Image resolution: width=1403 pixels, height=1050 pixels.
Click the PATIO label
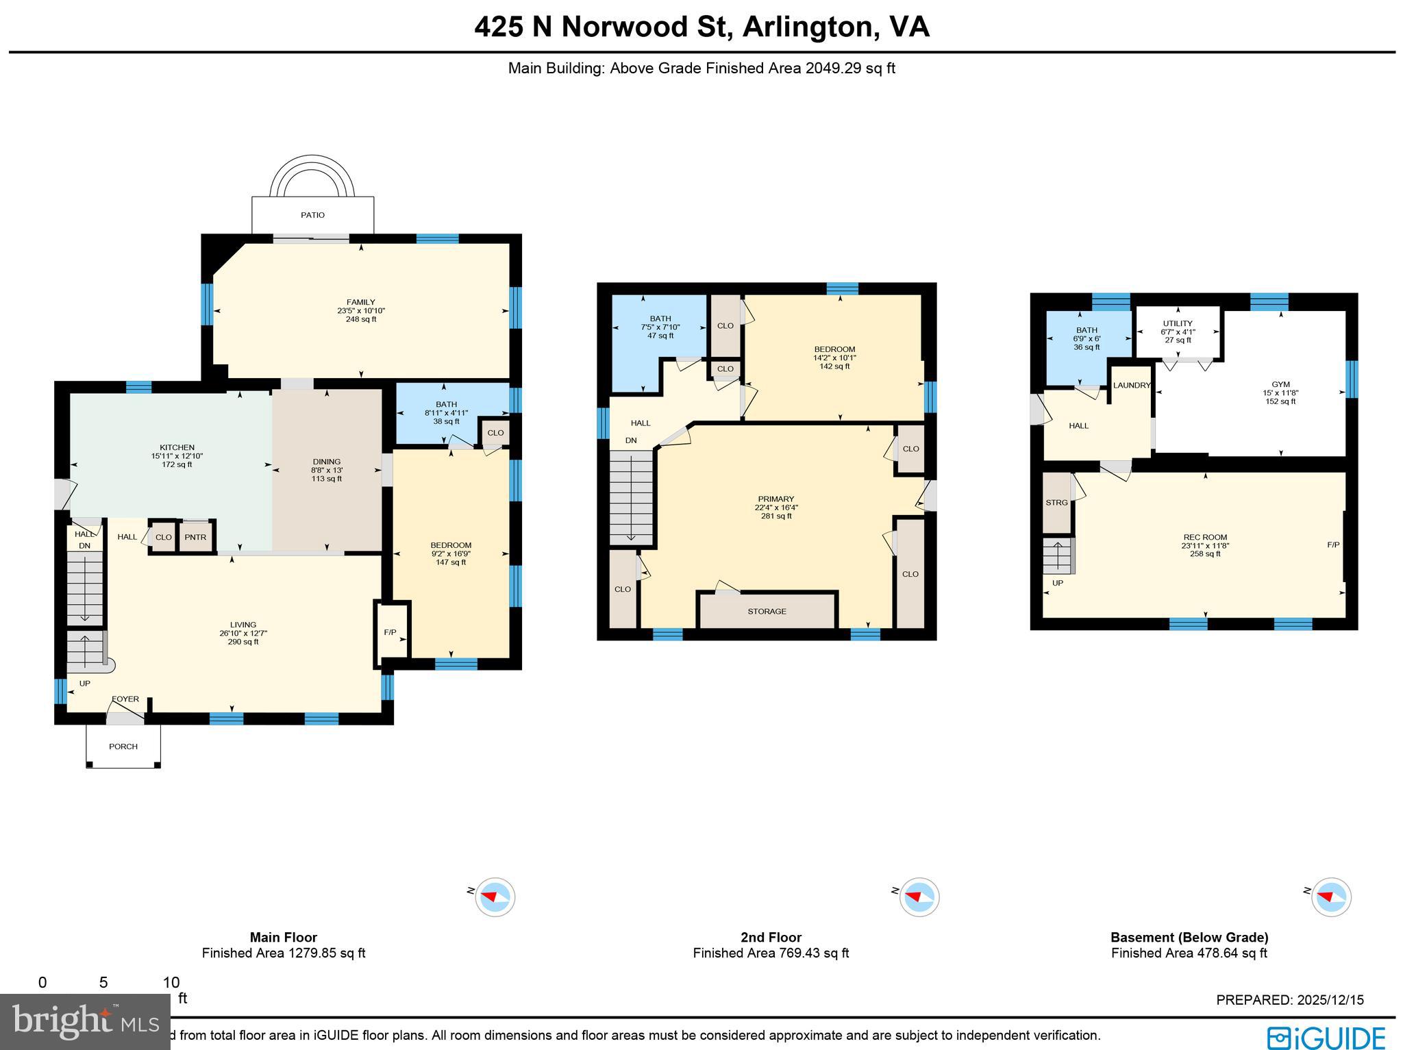click(312, 215)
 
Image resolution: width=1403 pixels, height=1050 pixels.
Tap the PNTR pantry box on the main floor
click(195, 537)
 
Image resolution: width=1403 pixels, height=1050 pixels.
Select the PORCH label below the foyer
click(123, 746)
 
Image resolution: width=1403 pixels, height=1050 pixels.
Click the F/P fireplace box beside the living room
click(390, 632)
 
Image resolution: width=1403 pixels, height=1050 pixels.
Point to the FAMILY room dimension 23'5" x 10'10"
click(360, 310)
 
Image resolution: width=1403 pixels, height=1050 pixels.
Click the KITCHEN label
click(177, 447)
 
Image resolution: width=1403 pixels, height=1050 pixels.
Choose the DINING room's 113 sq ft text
click(327, 479)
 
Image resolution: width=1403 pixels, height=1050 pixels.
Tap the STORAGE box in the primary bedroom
click(767, 611)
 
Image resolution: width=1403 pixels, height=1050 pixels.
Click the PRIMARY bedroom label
click(775, 499)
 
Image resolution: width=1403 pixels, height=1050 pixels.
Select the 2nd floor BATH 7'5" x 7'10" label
click(660, 327)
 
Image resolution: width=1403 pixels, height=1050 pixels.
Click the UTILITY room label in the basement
click(1178, 323)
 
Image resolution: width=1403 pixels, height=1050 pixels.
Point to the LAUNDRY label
click(1131, 385)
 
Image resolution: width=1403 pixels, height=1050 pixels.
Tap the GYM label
click(1280, 384)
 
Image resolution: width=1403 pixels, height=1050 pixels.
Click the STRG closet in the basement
click(1056, 503)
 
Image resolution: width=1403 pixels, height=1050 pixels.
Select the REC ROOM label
click(1205, 537)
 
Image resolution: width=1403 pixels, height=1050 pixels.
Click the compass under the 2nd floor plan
click(919, 897)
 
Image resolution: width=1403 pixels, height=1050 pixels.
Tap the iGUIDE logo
click(1326, 1036)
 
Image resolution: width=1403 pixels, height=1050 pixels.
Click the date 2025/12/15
click(1326, 1000)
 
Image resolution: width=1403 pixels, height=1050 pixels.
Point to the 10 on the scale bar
click(171, 982)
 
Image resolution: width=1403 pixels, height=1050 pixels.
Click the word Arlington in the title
click(808, 27)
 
